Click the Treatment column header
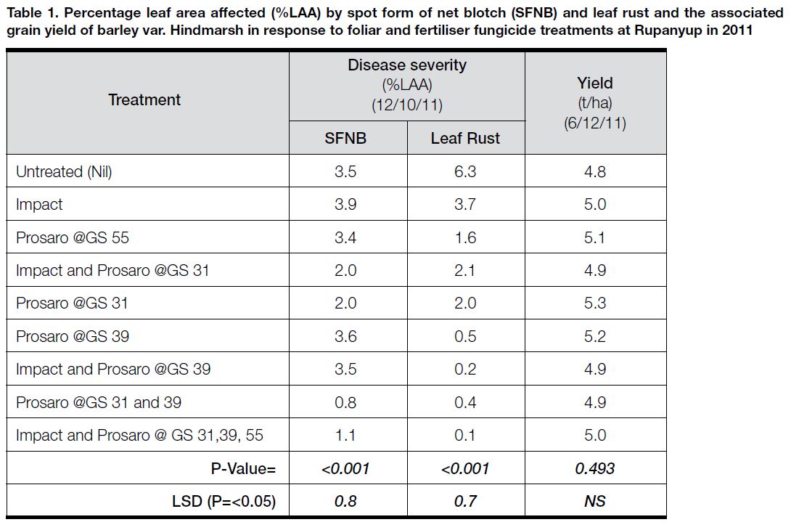(144, 99)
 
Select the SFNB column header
(345, 138)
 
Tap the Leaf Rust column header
(465, 138)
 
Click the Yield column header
(595, 83)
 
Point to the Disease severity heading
(407, 65)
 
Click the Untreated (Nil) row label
(64, 171)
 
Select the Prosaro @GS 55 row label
(73, 237)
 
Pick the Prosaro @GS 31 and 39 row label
(99, 402)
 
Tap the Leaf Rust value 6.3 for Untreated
(465, 171)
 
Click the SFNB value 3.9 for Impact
(345, 205)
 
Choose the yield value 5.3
(595, 303)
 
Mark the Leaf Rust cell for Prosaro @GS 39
(465, 336)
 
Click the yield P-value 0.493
(595, 468)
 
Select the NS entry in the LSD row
(595, 501)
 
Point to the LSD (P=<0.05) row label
(224, 501)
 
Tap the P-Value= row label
(244, 468)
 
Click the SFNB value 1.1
(345, 436)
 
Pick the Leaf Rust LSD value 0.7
(465, 501)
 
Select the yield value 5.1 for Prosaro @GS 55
(595, 237)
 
